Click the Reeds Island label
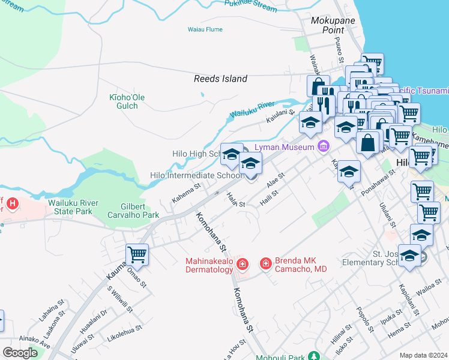click(x=220, y=79)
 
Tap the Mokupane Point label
click(x=333, y=25)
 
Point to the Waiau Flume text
click(x=205, y=29)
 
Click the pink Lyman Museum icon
click(x=324, y=146)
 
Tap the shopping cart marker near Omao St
click(x=137, y=254)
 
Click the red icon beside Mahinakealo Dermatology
click(x=243, y=264)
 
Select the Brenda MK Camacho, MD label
click(x=301, y=265)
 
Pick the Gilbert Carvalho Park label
click(x=133, y=211)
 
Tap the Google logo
click(x=20, y=353)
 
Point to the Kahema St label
click(x=186, y=194)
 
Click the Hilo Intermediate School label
click(x=196, y=176)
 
